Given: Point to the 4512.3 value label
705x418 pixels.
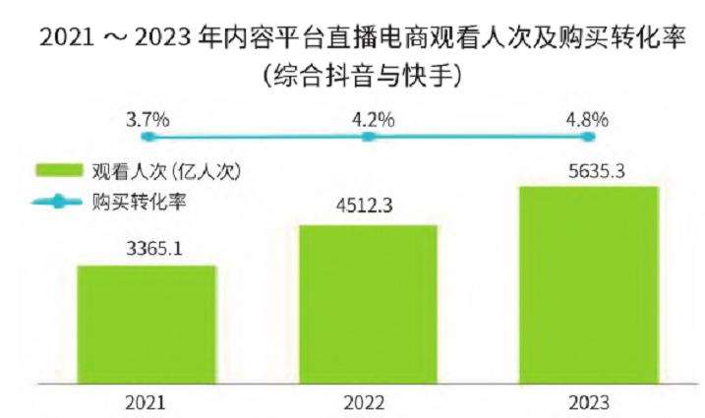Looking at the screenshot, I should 368,209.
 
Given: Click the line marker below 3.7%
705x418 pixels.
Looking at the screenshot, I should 147,138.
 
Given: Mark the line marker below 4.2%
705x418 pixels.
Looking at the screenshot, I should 369,138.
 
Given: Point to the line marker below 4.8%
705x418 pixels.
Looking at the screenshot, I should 588,138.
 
